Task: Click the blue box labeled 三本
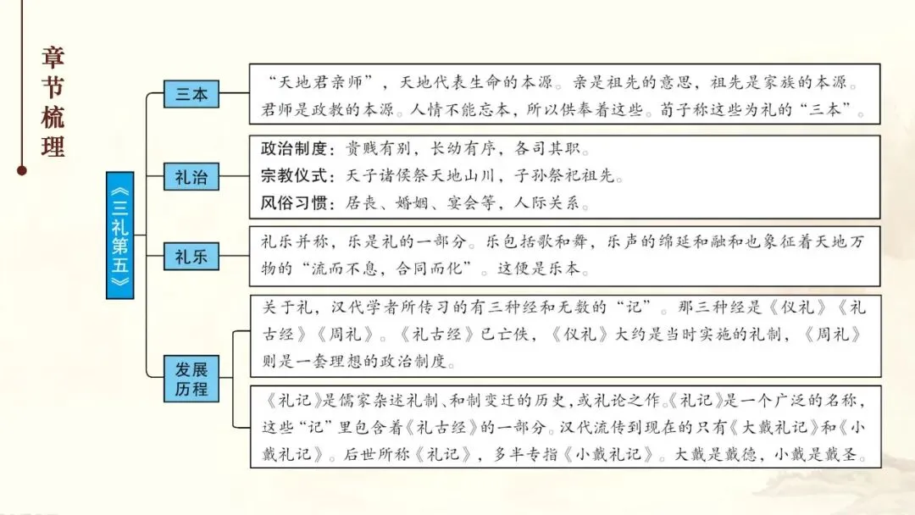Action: click(191, 94)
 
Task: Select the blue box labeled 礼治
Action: click(191, 177)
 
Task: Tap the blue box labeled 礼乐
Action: click(191, 255)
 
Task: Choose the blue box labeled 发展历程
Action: click(191, 379)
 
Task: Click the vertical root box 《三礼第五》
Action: click(120, 235)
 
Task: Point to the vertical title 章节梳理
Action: click(53, 102)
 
